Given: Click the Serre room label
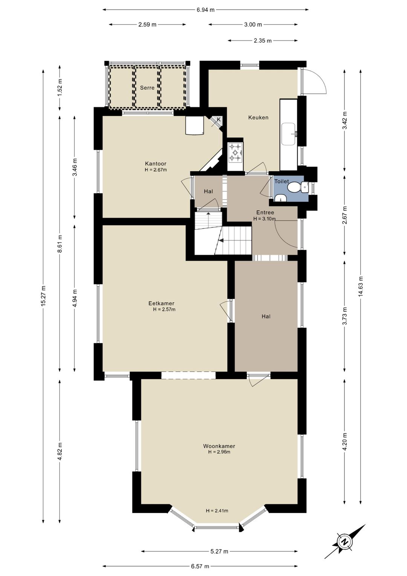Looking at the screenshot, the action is [147, 88].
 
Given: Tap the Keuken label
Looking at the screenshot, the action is [258, 118].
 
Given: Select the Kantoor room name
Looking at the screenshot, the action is [156, 164].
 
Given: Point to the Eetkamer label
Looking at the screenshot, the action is [161, 303].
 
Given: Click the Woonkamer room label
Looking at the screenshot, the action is [219, 446].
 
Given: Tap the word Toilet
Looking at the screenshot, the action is [282, 181].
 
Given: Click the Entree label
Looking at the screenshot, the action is [265, 212].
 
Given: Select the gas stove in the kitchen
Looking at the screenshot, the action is [236, 152].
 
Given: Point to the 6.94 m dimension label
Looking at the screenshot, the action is [205, 10].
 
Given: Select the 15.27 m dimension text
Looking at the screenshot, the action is [43, 296].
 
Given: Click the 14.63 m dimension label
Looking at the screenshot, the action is [361, 286].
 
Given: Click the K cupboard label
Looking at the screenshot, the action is [219, 119].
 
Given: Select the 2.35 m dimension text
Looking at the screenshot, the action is [263, 41].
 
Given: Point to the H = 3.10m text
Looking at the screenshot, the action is [265, 219].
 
